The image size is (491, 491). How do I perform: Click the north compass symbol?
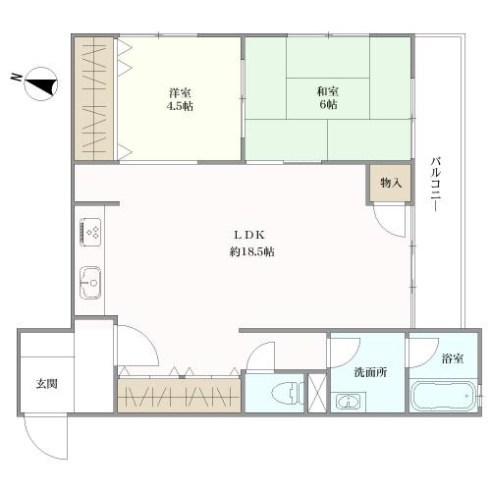click(x=37, y=84)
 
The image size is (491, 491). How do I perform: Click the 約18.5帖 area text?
click(x=245, y=252)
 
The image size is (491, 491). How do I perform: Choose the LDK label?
click(x=245, y=235)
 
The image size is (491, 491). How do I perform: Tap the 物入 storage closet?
click(x=391, y=184)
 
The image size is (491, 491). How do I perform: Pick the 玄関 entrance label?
click(x=46, y=383)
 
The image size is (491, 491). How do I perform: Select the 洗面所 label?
click(x=371, y=374)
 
